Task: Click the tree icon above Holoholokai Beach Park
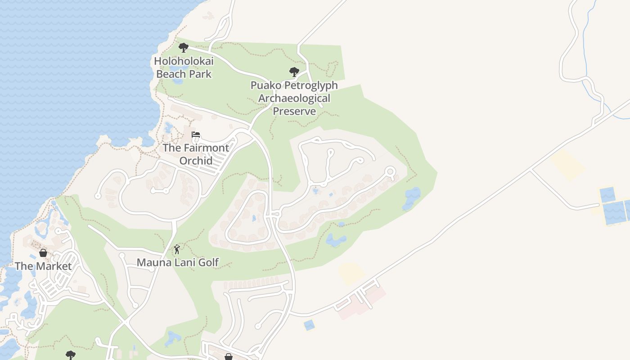point(183,47)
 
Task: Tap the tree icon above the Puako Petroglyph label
point(294,72)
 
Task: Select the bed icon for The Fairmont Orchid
point(196,135)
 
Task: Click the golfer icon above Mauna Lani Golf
point(177,249)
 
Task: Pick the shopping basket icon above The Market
point(43,253)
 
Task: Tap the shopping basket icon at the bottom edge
point(229,357)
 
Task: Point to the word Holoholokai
point(184,61)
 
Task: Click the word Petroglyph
point(311,85)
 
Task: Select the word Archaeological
point(294,98)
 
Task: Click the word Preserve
point(294,111)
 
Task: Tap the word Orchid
point(196,160)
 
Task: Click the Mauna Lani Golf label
point(178,262)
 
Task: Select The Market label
point(43,266)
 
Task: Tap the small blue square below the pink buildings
point(309,325)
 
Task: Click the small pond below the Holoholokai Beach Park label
point(177,81)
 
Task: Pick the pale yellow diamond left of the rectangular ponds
point(568,165)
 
